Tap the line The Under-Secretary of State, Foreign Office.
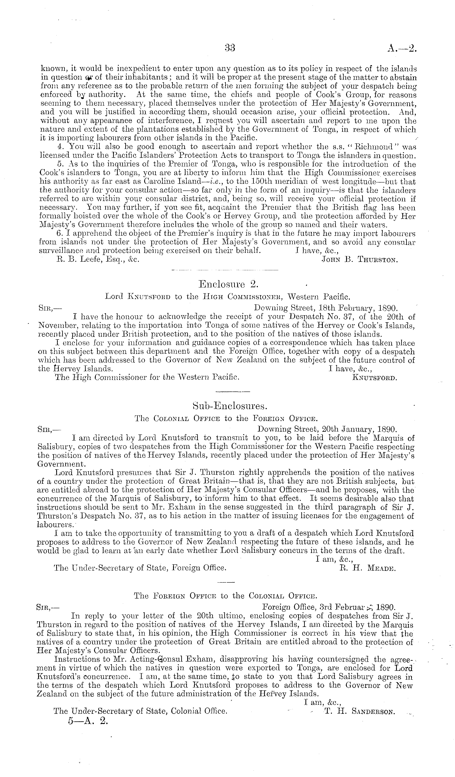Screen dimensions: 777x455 coord(140,568)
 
